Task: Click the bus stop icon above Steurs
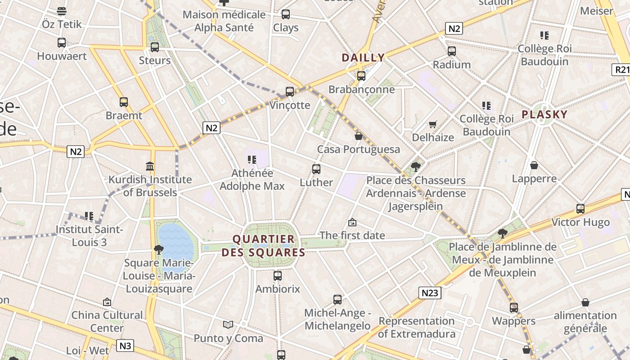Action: pos(155,47)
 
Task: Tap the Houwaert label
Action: pos(62,56)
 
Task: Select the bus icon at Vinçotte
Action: pos(290,92)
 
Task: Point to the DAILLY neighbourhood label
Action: pos(363,58)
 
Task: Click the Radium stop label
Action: pos(451,64)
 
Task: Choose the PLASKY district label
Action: pos(544,114)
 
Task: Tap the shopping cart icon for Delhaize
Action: pos(432,124)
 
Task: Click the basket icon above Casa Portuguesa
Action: pos(359,136)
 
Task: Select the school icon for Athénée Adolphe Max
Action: pos(252,159)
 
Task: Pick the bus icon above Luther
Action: pos(316,169)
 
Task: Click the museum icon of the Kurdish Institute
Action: pos(150,166)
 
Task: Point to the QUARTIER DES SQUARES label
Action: pos(263,246)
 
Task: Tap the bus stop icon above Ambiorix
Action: pos(278,275)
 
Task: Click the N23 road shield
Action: pos(429,293)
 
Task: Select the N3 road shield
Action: pos(125,346)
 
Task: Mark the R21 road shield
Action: pos(621,70)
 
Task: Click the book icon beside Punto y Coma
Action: pos(228,324)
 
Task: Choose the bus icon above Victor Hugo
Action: pos(580,209)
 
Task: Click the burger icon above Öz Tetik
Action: pos(62,11)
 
